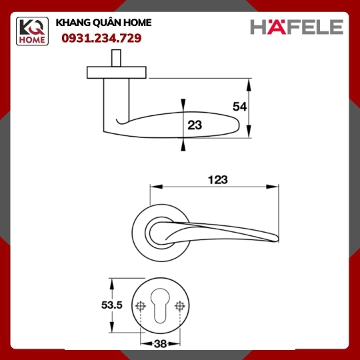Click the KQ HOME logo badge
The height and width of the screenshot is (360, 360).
click(32, 31)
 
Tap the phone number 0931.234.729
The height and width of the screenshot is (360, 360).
click(101, 38)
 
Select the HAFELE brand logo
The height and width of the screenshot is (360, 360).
click(297, 27)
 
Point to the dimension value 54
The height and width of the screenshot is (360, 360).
click(239, 107)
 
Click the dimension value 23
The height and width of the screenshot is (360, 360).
click(195, 125)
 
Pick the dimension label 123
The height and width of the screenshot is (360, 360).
click(218, 180)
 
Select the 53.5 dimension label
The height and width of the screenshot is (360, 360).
click(112, 305)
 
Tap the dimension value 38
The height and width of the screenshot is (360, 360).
click(160, 344)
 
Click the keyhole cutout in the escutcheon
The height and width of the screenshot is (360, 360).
click(160, 305)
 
